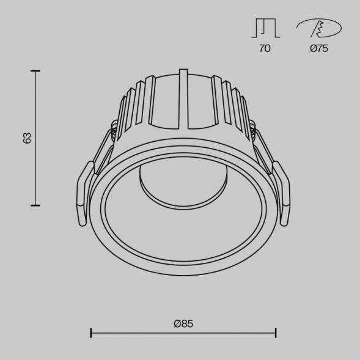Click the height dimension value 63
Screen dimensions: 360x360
(x=27, y=138)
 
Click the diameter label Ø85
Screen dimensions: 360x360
(x=183, y=323)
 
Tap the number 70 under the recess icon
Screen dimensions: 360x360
(x=264, y=49)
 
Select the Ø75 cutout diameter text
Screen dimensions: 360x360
(x=318, y=49)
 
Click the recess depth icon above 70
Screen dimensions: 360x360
(x=265, y=28)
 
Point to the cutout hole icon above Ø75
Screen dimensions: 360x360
(x=318, y=28)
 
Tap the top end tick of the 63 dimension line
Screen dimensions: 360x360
(x=36, y=72)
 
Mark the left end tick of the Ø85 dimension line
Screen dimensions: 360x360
(x=91, y=333)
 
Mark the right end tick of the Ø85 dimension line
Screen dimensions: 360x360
(x=276, y=333)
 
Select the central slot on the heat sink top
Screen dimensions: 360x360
(x=183, y=101)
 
